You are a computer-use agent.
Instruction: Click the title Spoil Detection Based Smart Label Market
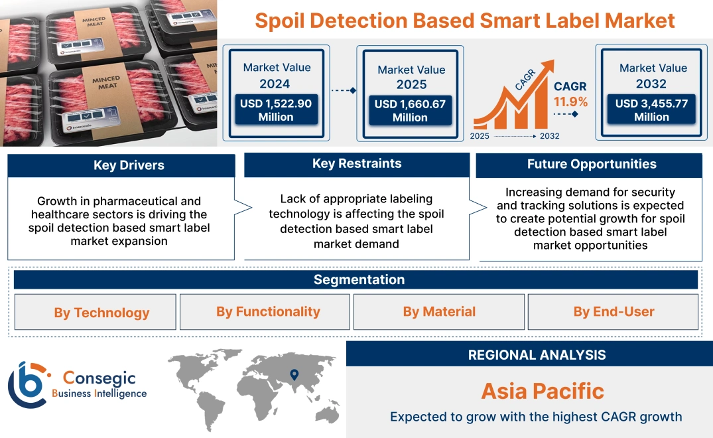[x=465, y=20]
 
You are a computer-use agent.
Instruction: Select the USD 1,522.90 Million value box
[x=275, y=110]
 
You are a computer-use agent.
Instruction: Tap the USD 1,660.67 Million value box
[x=410, y=110]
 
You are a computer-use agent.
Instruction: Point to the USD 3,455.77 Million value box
[x=651, y=110]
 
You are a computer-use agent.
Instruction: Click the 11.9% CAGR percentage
[x=570, y=102]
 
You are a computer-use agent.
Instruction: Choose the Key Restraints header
[x=357, y=164]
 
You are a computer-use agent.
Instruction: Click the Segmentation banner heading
[x=359, y=279]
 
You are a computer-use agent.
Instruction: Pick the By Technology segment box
[x=101, y=313]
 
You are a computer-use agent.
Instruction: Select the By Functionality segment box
[x=268, y=312]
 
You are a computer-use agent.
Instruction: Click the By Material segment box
[x=439, y=312]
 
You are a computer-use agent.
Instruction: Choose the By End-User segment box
[x=614, y=312]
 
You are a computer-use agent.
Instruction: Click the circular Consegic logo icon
[x=27, y=385]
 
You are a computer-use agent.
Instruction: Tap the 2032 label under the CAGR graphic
[x=549, y=136]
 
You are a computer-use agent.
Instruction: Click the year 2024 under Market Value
[x=275, y=84]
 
